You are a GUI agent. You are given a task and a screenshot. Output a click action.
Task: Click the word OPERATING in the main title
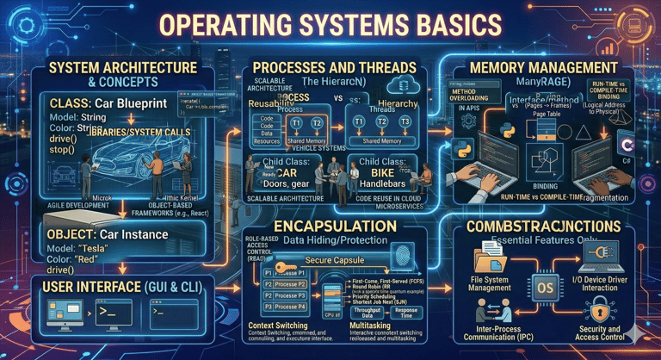(250, 28)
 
